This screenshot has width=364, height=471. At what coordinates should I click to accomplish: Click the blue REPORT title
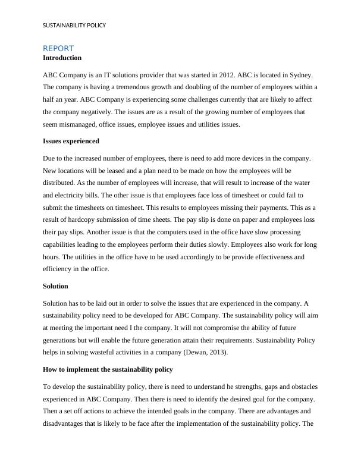pos(58,48)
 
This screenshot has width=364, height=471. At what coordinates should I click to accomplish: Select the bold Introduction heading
pos(62,58)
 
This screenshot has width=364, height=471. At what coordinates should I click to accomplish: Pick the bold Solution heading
pos(56,286)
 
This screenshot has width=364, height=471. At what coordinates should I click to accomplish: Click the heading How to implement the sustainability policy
pos(108,369)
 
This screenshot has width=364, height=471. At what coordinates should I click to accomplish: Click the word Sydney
pos(302,76)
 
